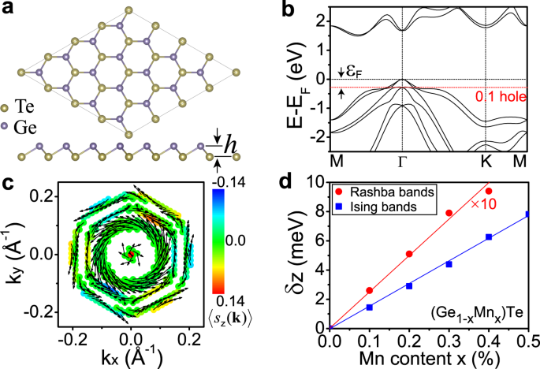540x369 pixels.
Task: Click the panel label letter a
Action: [x=10, y=10]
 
